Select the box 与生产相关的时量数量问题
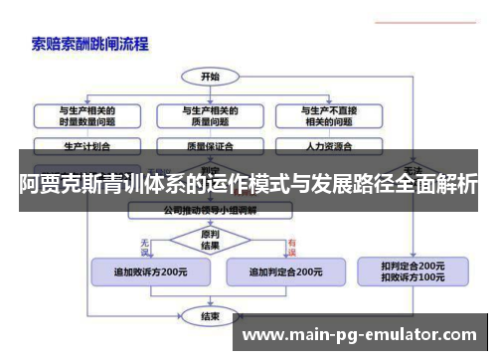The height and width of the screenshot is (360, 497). (x=86, y=115)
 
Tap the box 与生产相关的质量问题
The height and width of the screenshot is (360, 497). (x=210, y=115)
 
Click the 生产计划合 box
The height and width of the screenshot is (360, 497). (x=86, y=145)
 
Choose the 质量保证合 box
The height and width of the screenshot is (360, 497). (x=210, y=145)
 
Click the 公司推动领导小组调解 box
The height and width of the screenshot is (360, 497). (x=210, y=211)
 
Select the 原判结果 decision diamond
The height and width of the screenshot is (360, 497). (x=210, y=241)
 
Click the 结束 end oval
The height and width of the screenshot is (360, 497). (x=210, y=316)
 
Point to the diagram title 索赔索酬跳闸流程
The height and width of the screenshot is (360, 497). (x=90, y=44)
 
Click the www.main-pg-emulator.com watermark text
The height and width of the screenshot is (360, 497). (x=360, y=336)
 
